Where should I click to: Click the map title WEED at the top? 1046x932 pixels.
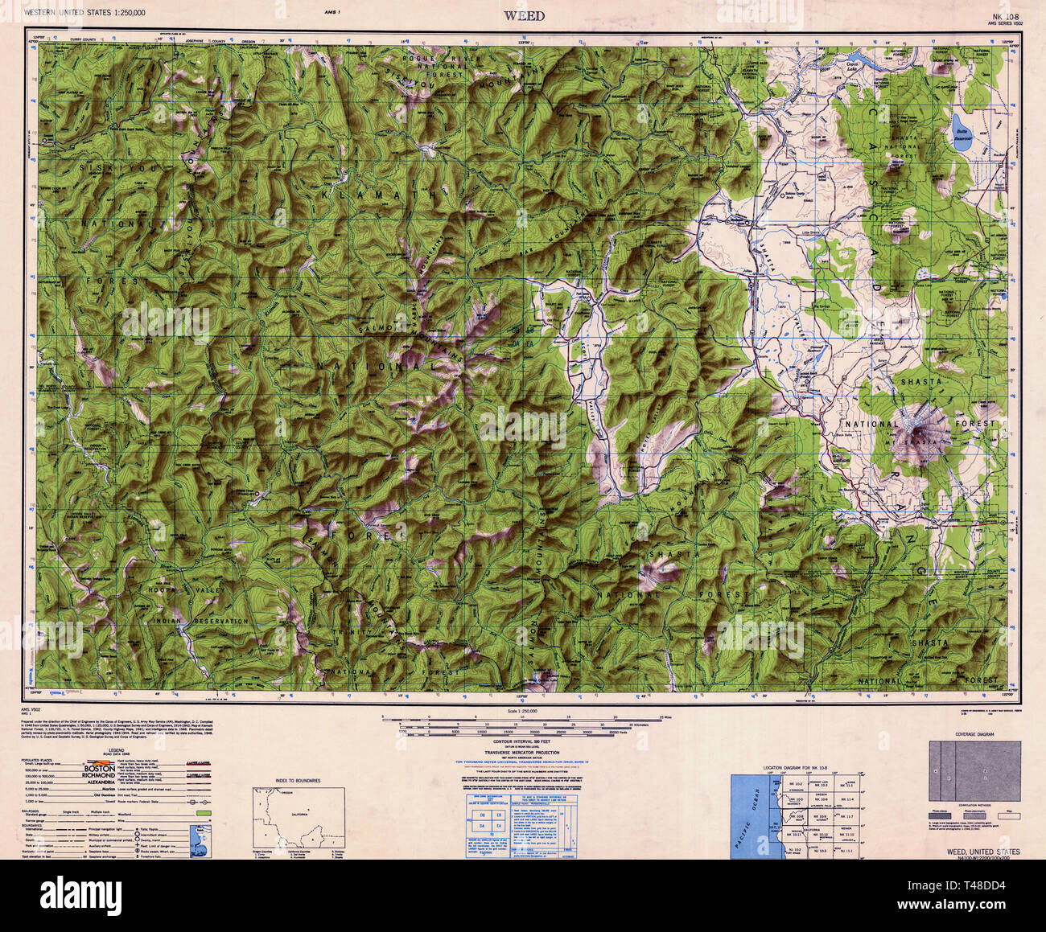click(x=524, y=15)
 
